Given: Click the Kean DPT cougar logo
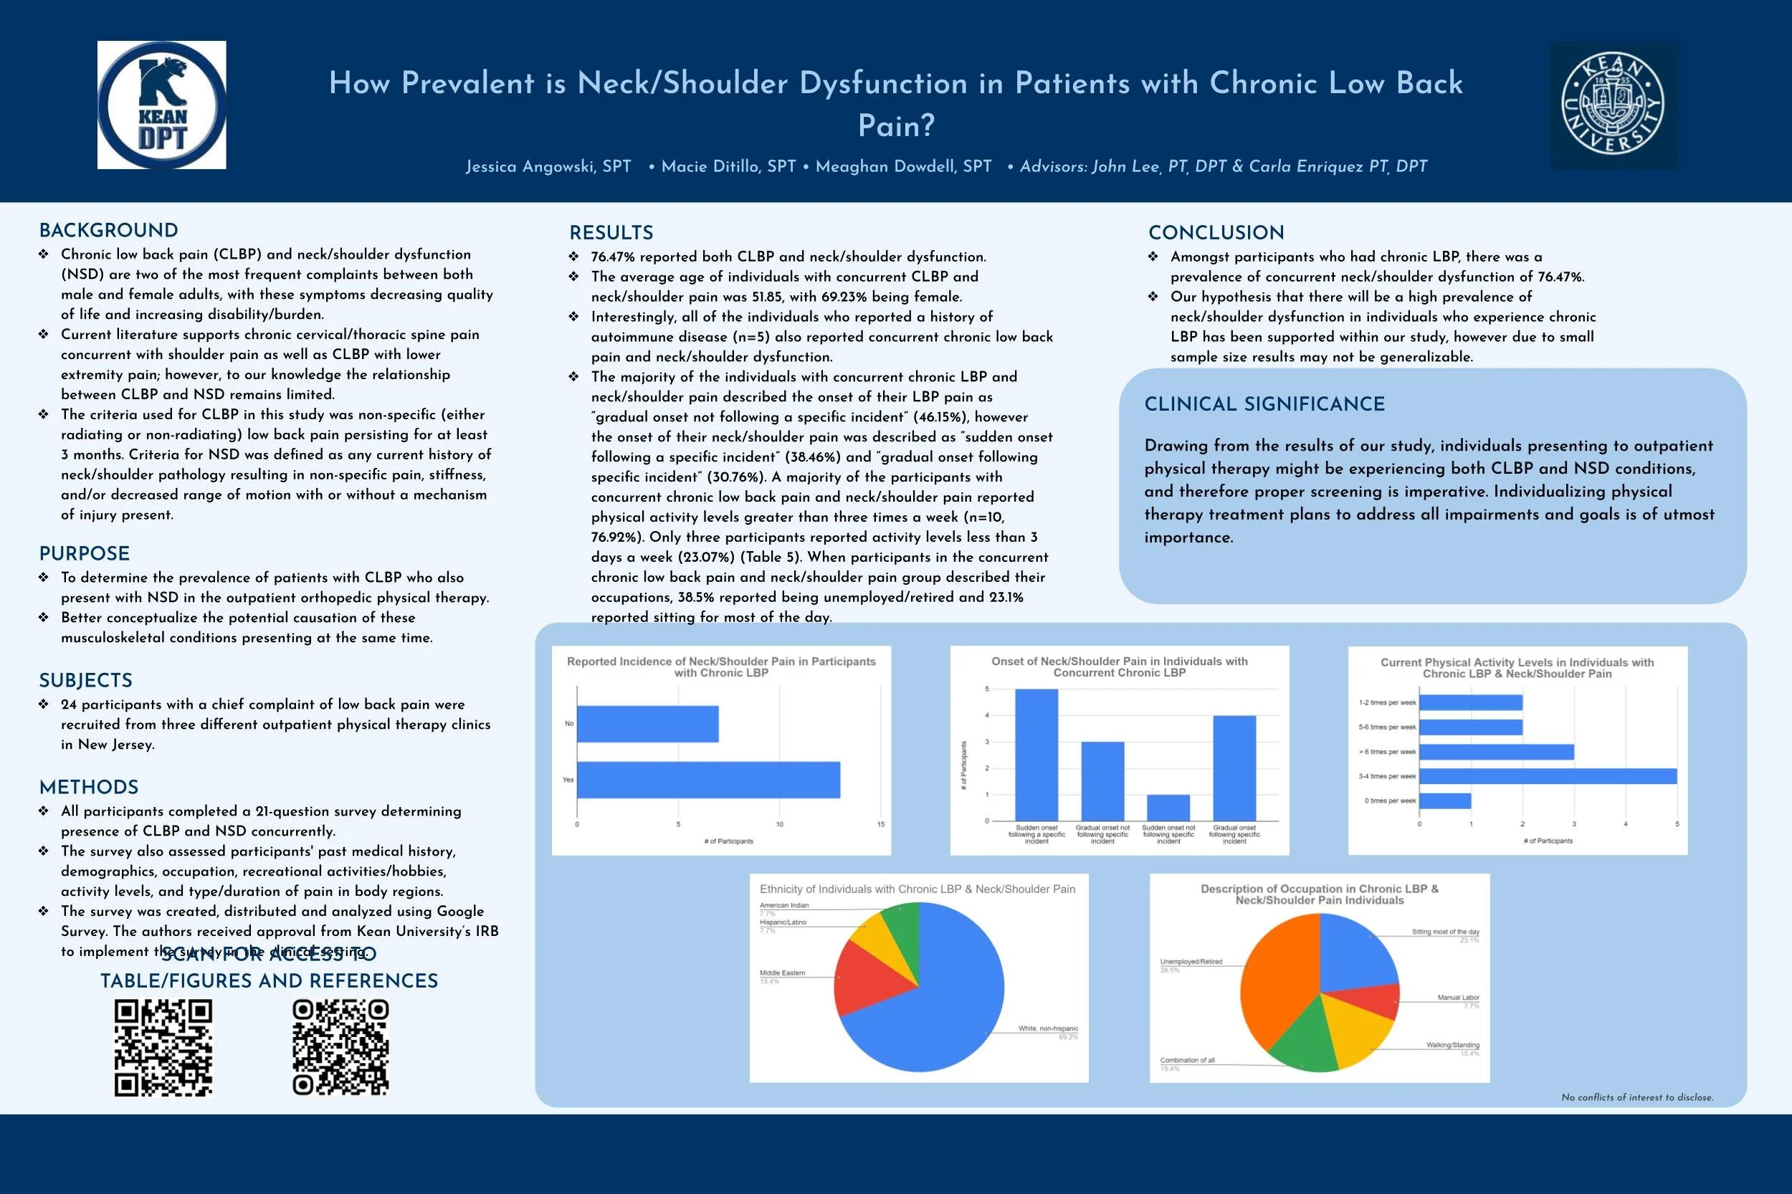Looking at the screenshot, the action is click(x=161, y=105).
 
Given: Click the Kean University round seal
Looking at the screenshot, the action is click(x=1612, y=105).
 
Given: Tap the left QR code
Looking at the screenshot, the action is click(x=163, y=1048).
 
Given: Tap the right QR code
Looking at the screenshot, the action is click(x=340, y=1048).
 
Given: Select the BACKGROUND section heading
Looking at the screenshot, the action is click(x=108, y=231).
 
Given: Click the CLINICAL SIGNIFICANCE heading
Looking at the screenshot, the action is click(x=1264, y=404).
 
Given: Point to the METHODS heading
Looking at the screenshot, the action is click(x=88, y=788).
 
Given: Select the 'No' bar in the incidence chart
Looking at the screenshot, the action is click(x=647, y=723).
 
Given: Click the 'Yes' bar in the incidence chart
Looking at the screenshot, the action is click(x=708, y=780).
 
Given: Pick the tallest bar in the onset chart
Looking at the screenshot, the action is click(x=1036, y=754).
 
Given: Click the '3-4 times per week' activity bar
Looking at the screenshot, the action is click(x=1548, y=776).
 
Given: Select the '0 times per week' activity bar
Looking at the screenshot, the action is click(x=1445, y=801).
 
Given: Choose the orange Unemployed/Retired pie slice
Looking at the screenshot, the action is click(x=1279, y=983).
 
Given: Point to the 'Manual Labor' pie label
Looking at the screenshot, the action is click(x=1458, y=998).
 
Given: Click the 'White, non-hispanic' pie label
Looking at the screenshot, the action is click(x=1048, y=1028).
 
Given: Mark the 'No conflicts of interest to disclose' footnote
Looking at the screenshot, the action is click(x=1636, y=1097).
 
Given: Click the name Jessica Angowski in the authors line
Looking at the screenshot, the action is click(x=548, y=167).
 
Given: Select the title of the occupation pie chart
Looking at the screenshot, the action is click(x=1319, y=894).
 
